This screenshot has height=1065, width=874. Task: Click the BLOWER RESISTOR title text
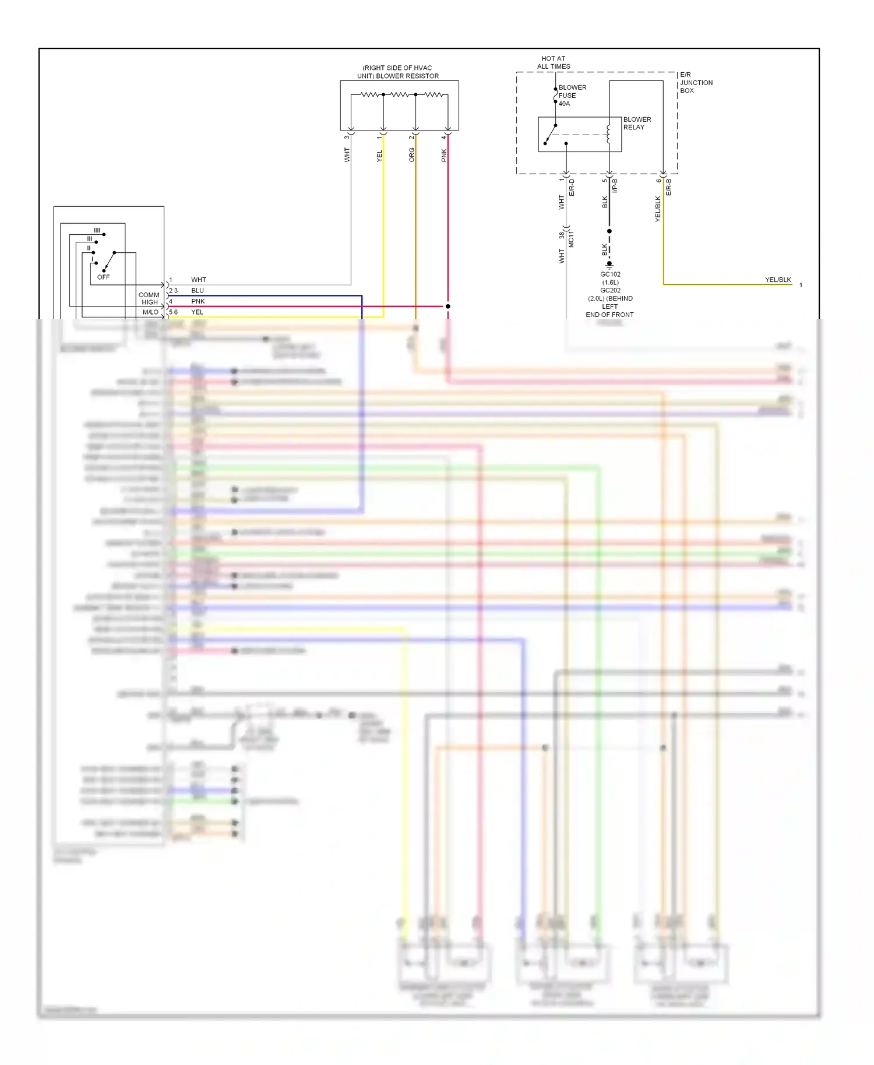398,72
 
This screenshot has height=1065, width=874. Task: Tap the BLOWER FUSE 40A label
572,96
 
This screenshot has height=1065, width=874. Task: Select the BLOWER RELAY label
637,123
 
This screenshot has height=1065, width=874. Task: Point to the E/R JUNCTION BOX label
696,83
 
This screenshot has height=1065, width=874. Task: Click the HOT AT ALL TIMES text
554,62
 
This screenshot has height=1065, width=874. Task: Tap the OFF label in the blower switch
103,277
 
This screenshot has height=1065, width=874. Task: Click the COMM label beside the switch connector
149,295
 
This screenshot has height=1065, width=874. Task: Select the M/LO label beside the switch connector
150,312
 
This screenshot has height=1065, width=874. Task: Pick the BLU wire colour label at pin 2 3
198,291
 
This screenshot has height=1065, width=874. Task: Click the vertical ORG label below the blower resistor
412,154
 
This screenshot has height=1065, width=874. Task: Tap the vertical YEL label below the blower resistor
379,156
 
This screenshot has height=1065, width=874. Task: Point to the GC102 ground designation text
610,274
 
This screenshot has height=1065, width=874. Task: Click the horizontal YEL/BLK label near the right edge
778,280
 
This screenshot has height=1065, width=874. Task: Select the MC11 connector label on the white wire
571,239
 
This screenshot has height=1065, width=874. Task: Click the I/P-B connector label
615,186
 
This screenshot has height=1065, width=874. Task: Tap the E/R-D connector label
572,187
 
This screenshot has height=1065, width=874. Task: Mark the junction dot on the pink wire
447,306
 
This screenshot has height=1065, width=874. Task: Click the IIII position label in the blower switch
97,231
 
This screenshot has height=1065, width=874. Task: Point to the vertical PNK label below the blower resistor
444,155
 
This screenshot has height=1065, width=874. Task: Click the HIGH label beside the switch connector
150,302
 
